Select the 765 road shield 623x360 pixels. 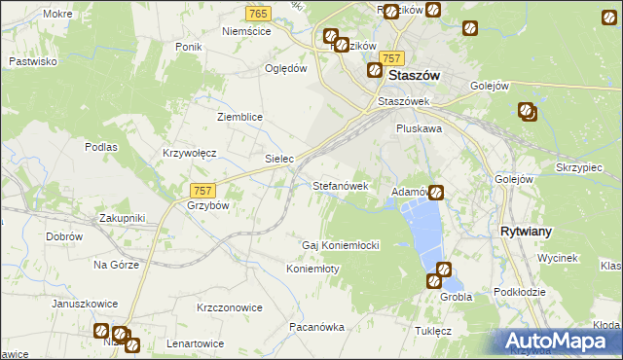click(x=258, y=13)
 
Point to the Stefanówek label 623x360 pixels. click(x=340, y=185)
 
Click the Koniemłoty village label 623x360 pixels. click(x=312, y=269)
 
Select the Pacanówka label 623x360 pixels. click(x=316, y=327)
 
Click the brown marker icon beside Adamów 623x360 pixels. click(x=436, y=193)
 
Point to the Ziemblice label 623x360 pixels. click(x=239, y=117)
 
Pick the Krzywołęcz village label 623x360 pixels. click(x=189, y=153)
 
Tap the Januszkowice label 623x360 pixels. click(x=84, y=304)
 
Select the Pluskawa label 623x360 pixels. click(x=420, y=127)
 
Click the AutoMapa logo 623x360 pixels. click(x=559, y=341)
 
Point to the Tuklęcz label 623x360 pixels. click(x=433, y=331)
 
